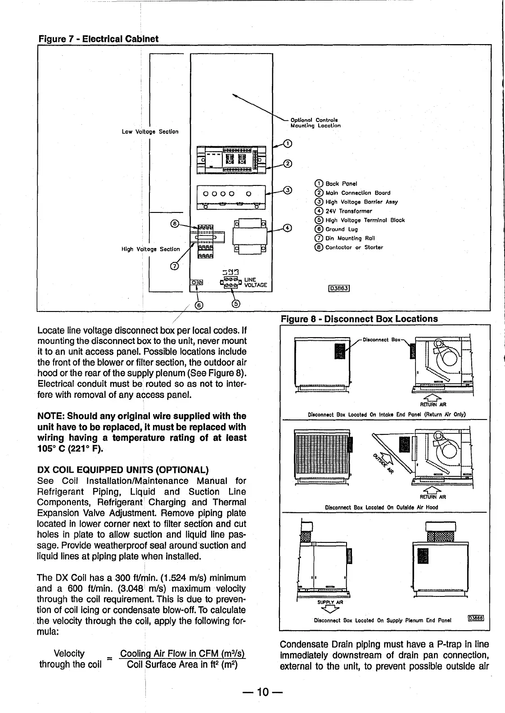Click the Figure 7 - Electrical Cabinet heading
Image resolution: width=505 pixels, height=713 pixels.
(97, 39)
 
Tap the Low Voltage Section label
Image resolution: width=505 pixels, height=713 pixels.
(150, 132)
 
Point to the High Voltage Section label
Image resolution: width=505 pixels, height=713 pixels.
(150, 249)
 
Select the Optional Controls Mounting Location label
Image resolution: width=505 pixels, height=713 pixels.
(316, 123)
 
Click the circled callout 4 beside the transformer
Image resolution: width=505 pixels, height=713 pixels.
(288, 228)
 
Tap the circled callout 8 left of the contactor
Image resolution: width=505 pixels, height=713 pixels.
(174, 223)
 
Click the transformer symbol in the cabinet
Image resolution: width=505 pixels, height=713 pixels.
(249, 236)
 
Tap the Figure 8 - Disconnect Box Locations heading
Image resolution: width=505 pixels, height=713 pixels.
(359, 319)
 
